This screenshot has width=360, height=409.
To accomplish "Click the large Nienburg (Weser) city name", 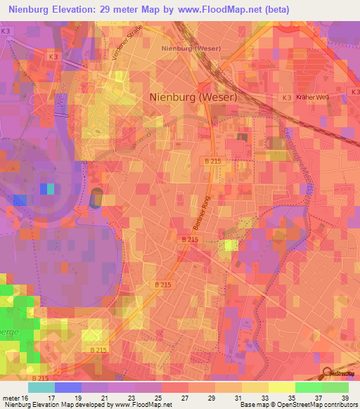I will tap(193, 98).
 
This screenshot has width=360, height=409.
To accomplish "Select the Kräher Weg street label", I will tap(312, 96).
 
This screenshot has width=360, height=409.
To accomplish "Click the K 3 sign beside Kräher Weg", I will tap(286, 96).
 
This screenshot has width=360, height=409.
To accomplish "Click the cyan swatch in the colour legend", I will tap(41, 387).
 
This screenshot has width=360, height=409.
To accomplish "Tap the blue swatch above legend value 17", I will tap(68, 387).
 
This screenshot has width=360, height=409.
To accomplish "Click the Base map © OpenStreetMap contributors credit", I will tap(297, 404).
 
